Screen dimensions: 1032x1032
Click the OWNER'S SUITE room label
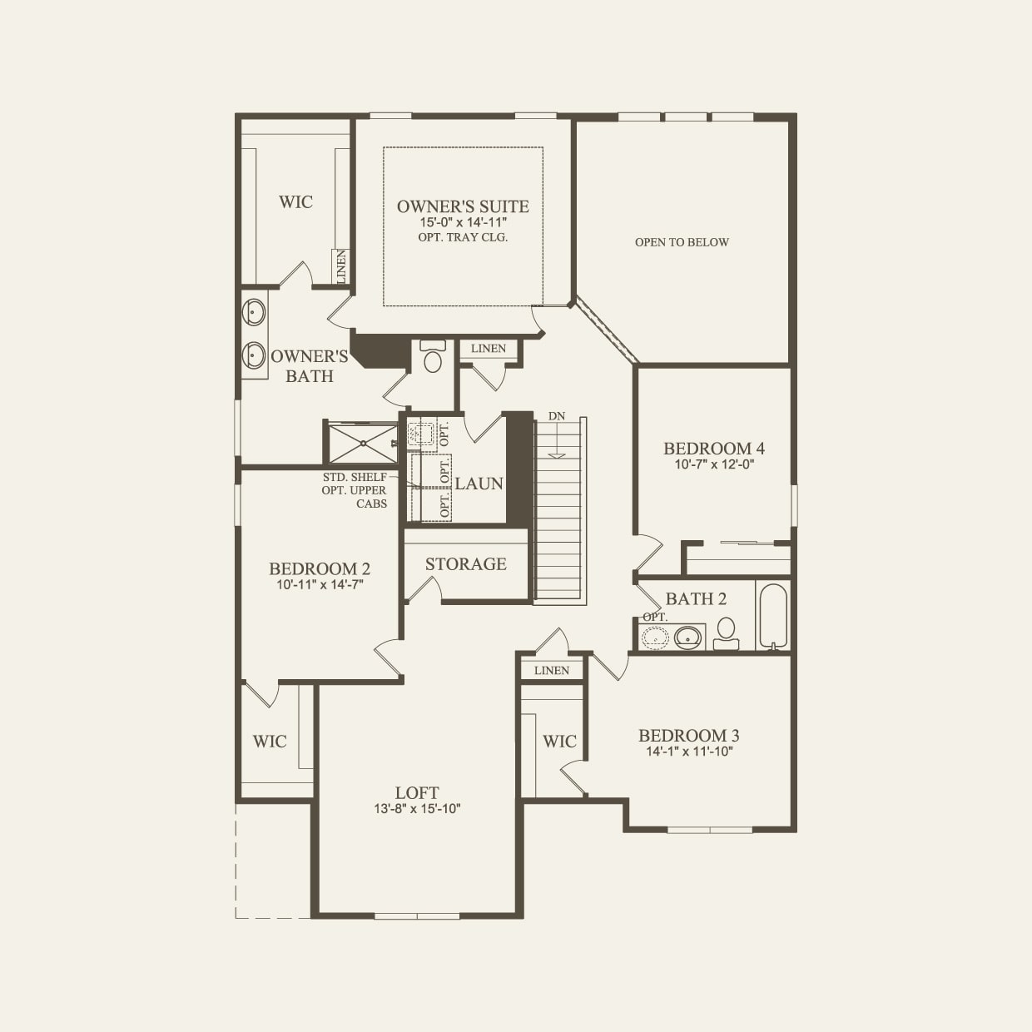463,206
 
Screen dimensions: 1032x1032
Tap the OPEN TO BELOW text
682,242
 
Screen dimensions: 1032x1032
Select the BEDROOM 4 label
714,449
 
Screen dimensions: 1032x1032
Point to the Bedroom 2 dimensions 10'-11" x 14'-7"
320,584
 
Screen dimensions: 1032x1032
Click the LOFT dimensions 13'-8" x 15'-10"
417,808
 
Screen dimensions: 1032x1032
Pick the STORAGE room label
466,564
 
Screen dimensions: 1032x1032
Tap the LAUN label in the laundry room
479,484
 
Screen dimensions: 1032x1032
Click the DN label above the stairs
557,416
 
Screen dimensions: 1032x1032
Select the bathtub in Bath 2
773,617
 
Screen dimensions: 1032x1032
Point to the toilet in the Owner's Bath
433,357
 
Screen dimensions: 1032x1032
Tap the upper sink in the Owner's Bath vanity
254,312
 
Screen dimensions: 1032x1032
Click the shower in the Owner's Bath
362,444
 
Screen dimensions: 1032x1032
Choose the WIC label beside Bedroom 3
559,742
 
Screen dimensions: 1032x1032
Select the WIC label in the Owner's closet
295,202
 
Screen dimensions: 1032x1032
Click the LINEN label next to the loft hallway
552,670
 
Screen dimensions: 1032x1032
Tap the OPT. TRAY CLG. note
463,237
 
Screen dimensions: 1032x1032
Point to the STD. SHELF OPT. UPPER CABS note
355,490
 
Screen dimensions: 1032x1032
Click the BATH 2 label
696,599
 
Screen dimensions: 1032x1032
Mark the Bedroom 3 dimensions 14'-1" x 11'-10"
688,752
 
